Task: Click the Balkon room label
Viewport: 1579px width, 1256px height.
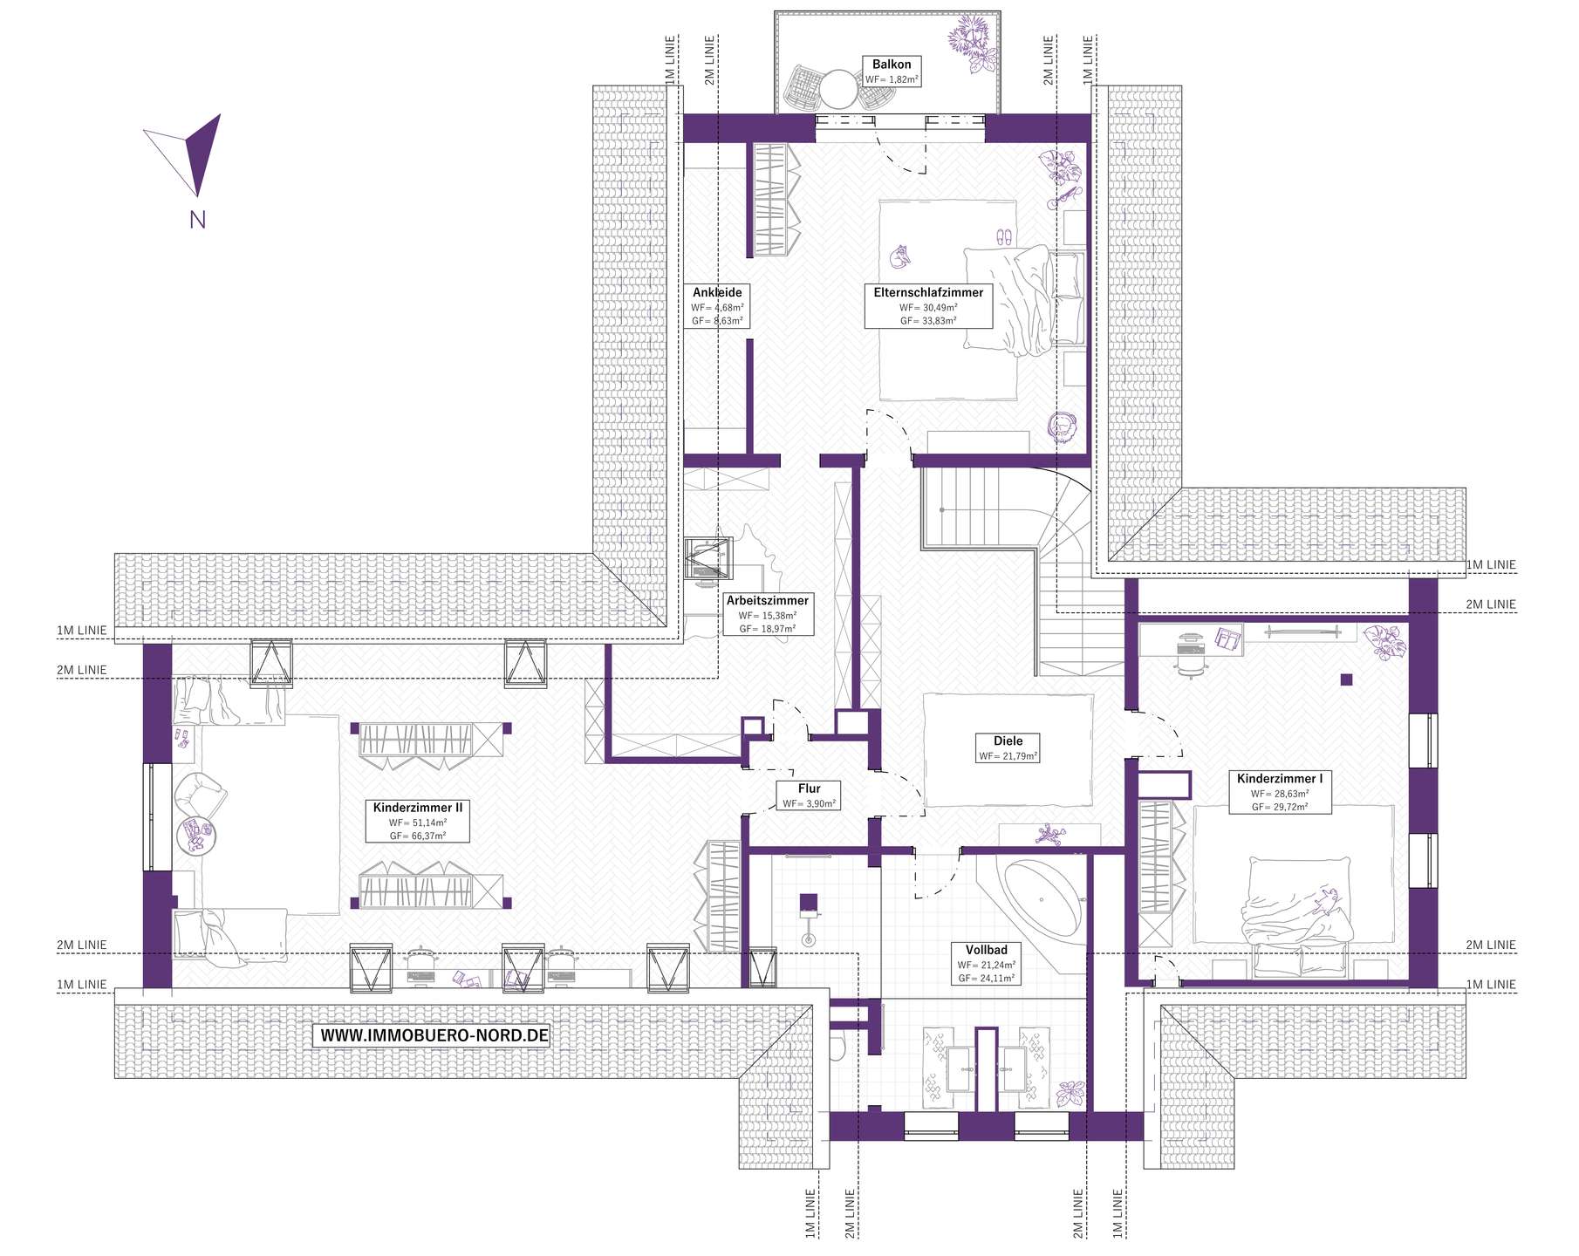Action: tap(892, 72)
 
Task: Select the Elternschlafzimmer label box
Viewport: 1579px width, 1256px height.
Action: tap(928, 305)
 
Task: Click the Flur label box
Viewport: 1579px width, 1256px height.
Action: tap(809, 795)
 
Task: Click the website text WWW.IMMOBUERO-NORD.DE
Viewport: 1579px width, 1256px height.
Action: tap(434, 1035)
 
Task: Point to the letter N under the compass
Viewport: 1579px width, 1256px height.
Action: tap(198, 219)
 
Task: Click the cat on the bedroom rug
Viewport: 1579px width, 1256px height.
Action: tap(899, 257)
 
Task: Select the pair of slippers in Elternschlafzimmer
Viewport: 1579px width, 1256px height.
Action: tap(1003, 235)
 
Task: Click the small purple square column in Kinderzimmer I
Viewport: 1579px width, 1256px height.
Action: tap(1347, 679)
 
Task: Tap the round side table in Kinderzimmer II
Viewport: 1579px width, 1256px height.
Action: tap(195, 835)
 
